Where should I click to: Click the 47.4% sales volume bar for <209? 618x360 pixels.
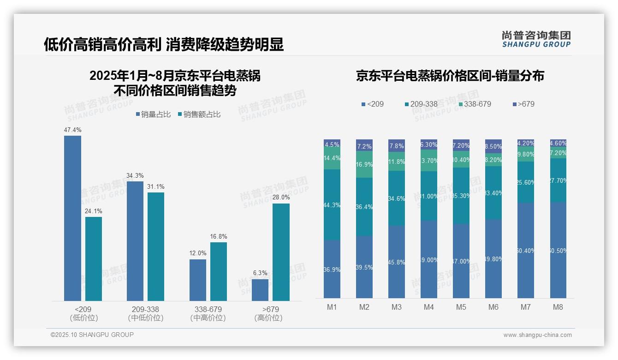pyautogui.click(x=72, y=218)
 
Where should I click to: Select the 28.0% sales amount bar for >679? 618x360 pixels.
pyautogui.click(x=281, y=252)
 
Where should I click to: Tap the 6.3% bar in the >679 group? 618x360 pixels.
pyautogui.click(x=260, y=290)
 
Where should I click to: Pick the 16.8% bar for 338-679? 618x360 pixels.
pyautogui.click(x=219, y=271)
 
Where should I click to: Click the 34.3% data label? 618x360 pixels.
pyautogui.click(x=135, y=175)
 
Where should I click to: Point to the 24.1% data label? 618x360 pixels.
pyautogui.click(x=94, y=211)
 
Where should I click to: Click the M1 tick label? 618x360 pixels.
pyautogui.click(x=332, y=307)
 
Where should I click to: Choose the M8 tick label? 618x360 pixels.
pyautogui.click(x=558, y=307)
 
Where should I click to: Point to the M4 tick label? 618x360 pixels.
pyautogui.click(x=429, y=307)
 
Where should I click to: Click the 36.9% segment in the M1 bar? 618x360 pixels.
pyautogui.click(x=332, y=269)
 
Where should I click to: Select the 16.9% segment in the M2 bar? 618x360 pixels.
pyautogui.click(x=364, y=164)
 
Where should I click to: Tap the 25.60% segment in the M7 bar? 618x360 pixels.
pyautogui.click(x=526, y=182)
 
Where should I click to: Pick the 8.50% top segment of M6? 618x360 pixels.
pyautogui.click(x=493, y=146)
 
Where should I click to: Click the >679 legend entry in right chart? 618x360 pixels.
pyautogui.click(x=523, y=104)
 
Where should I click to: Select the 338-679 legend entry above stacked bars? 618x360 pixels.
pyautogui.click(x=475, y=104)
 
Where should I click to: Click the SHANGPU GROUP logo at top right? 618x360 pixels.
pyautogui.click(x=536, y=39)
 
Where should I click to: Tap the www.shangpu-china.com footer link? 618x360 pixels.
pyautogui.click(x=537, y=335)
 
